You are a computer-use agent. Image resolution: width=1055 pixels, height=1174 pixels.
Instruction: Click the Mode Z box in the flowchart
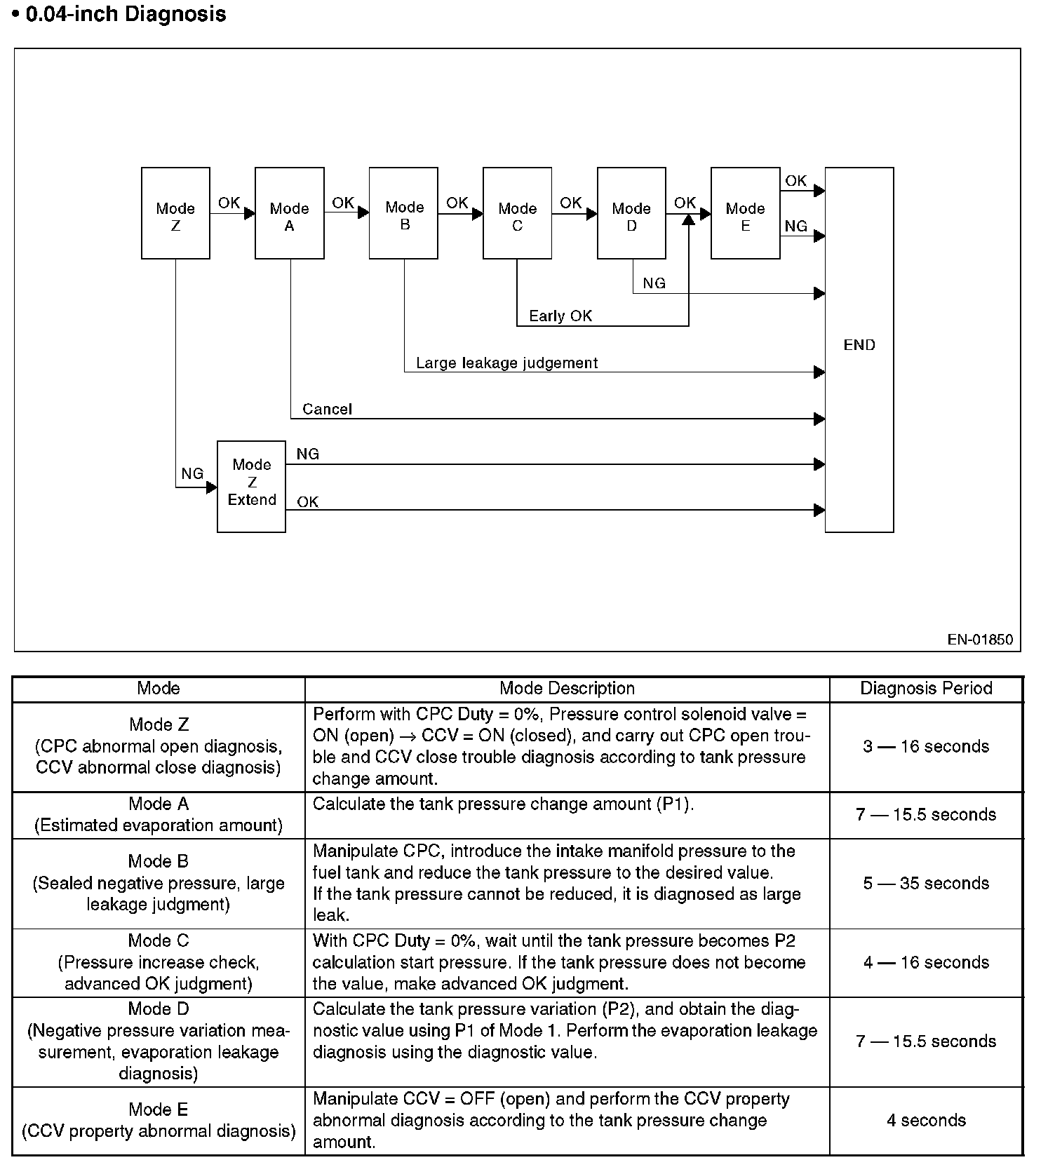pyautogui.click(x=175, y=213)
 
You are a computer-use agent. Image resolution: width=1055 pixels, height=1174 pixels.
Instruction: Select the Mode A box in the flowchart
pyautogui.click(x=289, y=213)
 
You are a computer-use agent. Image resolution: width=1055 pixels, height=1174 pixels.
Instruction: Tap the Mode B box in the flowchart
pyautogui.click(x=403, y=213)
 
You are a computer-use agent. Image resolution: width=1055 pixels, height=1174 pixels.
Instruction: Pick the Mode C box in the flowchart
pyautogui.click(x=517, y=213)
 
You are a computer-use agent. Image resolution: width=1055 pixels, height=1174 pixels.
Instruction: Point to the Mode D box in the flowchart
pyautogui.click(x=631, y=213)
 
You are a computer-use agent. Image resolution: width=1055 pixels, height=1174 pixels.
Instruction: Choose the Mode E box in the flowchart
pyautogui.click(x=745, y=213)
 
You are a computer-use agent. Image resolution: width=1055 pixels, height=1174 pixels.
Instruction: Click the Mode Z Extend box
pyautogui.click(x=251, y=486)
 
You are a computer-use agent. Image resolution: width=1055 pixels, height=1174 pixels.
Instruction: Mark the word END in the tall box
pyautogui.click(x=859, y=345)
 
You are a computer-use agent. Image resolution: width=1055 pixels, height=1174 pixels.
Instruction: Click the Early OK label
pyautogui.click(x=560, y=316)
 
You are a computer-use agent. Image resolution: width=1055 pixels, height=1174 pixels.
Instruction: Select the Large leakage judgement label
pyautogui.click(x=506, y=363)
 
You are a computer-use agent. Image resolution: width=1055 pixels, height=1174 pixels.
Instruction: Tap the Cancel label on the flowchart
pyautogui.click(x=327, y=409)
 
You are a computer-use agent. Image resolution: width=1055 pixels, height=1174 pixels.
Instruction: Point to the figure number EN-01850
pyautogui.click(x=980, y=639)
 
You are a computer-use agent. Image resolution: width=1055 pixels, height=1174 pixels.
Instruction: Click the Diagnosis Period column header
pyautogui.click(x=926, y=688)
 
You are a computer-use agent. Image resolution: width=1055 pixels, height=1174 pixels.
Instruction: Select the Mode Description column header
pyautogui.click(x=567, y=688)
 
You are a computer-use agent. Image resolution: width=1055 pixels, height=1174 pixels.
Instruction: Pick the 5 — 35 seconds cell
pyautogui.click(x=926, y=883)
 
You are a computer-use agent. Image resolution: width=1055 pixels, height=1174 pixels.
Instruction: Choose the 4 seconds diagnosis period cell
pyautogui.click(x=926, y=1120)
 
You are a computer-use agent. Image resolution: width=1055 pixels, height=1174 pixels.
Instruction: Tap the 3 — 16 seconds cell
pyautogui.click(x=926, y=746)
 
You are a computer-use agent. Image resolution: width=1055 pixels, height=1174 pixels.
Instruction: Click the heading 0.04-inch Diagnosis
pyautogui.click(x=126, y=14)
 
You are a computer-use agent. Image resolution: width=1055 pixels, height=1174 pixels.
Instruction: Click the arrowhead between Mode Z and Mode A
pyautogui.click(x=249, y=213)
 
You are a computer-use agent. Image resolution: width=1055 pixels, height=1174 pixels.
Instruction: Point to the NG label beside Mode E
pyautogui.click(x=795, y=226)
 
